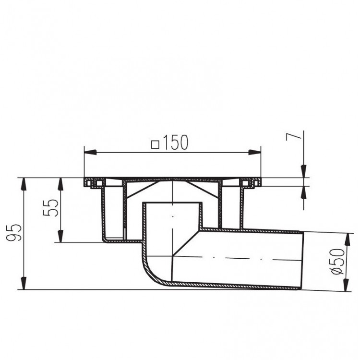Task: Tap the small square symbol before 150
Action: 155,143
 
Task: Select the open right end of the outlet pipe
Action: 302,260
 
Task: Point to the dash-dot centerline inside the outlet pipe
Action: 240,258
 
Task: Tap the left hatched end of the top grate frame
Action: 89,183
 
